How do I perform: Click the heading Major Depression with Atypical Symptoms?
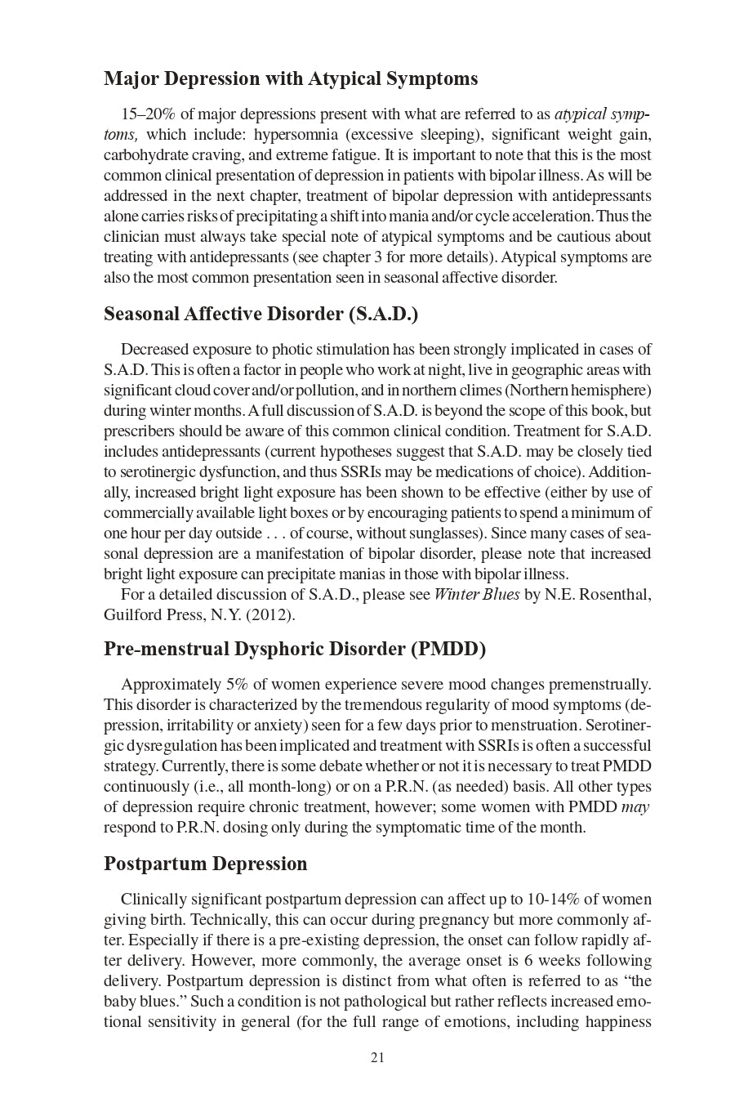(x=291, y=79)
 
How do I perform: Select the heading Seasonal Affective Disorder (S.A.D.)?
(x=261, y=315)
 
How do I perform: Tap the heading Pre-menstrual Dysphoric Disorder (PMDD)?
(x=294, y=649)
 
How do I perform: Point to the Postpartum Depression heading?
(x=206, y=864)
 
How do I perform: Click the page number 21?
(x=377, y=1058)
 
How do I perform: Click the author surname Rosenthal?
(x=614, y=595)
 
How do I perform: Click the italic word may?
(x=635, y=807)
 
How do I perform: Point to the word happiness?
(x=617, y=1022)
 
